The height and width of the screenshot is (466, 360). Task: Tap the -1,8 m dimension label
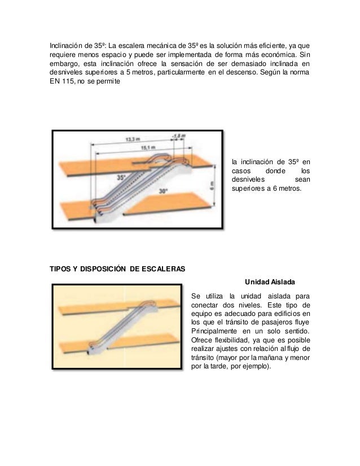point(180,135)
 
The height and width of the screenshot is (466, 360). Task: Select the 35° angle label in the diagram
point(121,177)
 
